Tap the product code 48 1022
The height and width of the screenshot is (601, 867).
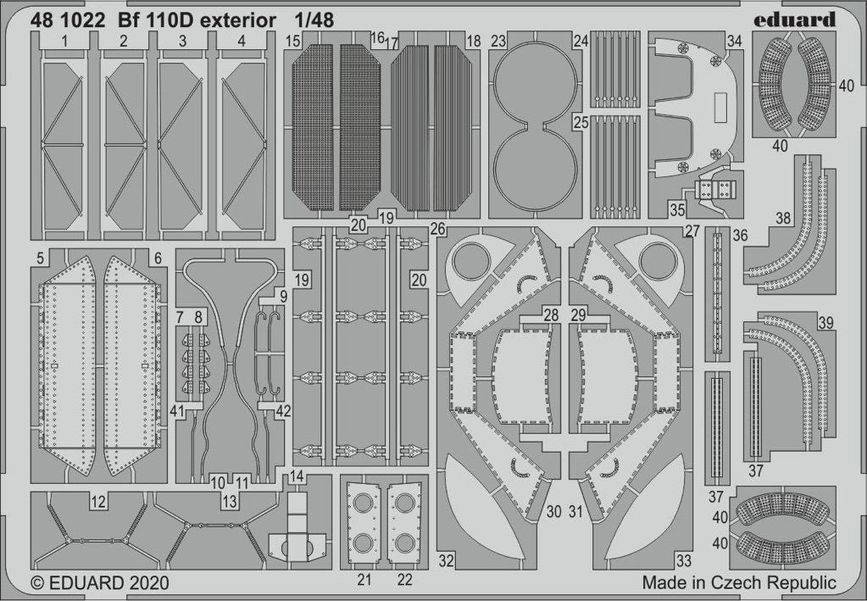68,20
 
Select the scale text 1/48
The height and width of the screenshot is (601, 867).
314,20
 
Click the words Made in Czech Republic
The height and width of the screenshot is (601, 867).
739,582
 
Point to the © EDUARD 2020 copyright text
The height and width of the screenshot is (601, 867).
100,583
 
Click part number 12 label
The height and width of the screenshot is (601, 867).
98,502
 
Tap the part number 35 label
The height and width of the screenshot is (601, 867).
677,209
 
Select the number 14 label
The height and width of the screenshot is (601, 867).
297,476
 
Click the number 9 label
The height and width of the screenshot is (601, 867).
283,297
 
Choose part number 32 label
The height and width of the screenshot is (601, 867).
447,560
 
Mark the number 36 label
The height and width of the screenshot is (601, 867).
740,237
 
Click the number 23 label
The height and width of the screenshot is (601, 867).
498,42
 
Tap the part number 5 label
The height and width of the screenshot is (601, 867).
40,259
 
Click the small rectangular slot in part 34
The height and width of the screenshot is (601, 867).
720,107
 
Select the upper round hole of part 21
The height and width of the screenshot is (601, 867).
363,504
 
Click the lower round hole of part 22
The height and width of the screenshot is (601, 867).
405,543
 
